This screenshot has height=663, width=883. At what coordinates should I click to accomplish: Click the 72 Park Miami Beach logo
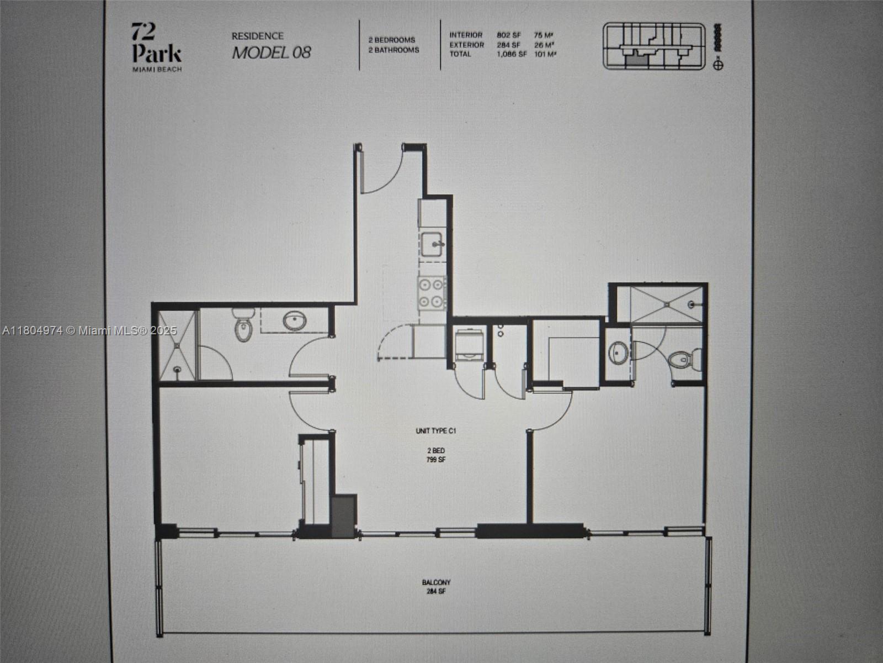(157, 46)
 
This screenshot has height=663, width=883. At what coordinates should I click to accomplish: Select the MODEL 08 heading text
(271, 53)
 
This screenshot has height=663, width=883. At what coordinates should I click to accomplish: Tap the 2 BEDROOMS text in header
(392, 40)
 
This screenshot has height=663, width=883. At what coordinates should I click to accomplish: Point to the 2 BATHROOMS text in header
(394, 50)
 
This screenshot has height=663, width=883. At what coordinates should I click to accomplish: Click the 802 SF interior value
(508, 35)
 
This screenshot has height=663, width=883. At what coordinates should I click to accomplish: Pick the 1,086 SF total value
(511, 54)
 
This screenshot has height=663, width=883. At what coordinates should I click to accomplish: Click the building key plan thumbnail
(654, 46)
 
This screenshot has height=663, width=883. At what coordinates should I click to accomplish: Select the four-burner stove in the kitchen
(433, 293)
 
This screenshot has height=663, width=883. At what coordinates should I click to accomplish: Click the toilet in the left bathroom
(242, 325)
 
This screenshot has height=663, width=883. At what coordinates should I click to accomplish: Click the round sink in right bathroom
(618, 352)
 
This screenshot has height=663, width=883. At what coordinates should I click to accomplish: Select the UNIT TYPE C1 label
(435, 431)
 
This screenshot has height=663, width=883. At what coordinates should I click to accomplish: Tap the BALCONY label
(436, 582)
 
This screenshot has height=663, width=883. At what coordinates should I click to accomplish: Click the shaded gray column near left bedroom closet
(344, 515)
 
